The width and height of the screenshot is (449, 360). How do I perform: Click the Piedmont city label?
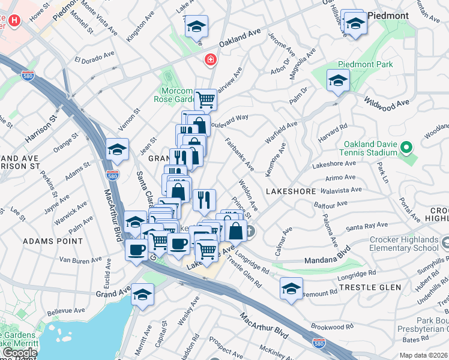click(388, 15)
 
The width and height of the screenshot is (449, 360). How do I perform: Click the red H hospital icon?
click(14, 20)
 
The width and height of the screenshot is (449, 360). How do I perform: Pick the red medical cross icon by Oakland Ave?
click(210, 59)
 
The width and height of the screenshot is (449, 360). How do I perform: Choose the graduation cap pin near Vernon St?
click(117, 149)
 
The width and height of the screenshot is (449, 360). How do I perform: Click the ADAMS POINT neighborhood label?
click(53, 241)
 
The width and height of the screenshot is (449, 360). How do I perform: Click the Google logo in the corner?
click(20, 353)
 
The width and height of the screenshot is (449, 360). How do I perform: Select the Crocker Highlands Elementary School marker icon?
click(445, 242)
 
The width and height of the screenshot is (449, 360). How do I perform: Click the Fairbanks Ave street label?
click(240, 154)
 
